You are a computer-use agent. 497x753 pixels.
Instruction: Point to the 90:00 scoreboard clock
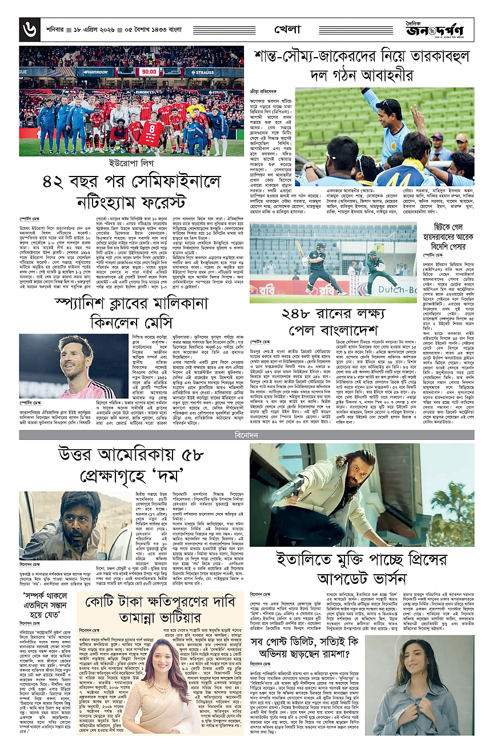coord(147,72)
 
